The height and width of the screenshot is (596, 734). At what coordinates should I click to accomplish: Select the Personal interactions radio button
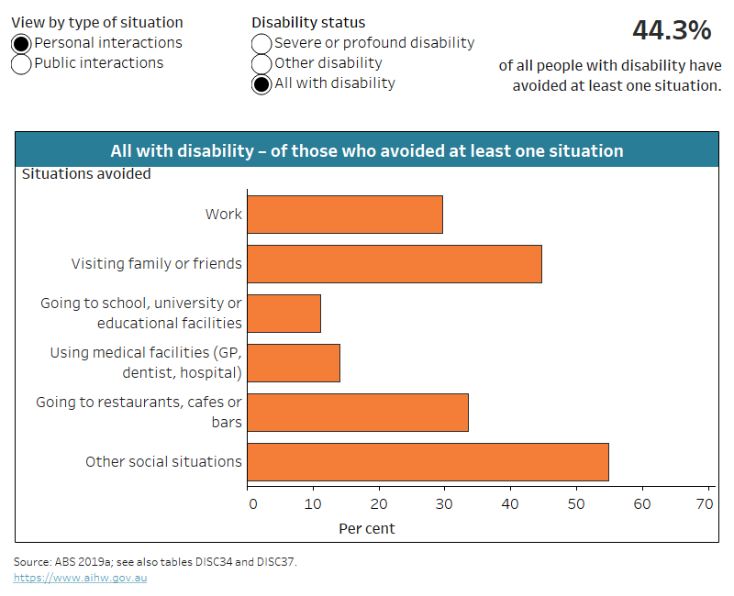tap(21, 43)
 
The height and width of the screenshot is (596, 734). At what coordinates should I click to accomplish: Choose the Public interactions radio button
tap(21, 63)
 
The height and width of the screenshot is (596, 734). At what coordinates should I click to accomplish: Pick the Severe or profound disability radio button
tap(261, 43)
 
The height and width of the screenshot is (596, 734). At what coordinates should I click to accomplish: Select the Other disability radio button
tap(261, 63)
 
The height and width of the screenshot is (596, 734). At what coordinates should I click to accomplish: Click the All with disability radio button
tap(261, 83)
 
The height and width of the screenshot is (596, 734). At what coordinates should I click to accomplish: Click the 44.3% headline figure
tap(672, 31)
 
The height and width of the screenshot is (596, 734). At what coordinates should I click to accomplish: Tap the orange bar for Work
tap(345, 215)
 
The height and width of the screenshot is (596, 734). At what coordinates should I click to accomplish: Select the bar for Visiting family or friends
tap(395, 264)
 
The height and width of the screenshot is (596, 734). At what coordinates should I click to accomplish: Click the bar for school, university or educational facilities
tap(284, 314)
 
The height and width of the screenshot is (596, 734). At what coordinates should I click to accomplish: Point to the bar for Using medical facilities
tap(294, 363)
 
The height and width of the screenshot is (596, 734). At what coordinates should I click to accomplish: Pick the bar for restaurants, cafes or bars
tap(358, 413)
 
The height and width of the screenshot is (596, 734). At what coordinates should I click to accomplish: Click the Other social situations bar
tap(428, 462)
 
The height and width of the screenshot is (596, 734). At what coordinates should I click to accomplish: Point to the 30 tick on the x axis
tap(444, 503)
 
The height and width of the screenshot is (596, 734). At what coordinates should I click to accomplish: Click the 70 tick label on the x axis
tap(705, 503)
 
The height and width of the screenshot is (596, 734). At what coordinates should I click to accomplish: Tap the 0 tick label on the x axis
tap(249, 503)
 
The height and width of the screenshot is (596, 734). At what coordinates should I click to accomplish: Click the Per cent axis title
tap(367, 529)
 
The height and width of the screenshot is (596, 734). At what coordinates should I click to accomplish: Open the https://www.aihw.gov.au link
tap(80, 578)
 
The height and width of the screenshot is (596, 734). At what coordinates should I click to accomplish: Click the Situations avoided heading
tap(86, 174)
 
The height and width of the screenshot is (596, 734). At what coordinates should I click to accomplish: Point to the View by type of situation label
tap(97, 22)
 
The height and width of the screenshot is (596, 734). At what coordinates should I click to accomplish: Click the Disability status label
tap(308, 22)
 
